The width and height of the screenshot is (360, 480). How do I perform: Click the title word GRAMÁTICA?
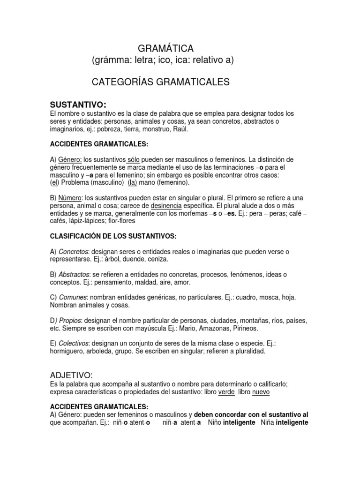pyautogui.click(x=165, y=48)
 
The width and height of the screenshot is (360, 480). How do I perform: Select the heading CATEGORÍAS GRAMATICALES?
pyautogui.click(x=161, y=82)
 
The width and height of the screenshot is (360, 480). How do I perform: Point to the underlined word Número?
pyautogui.click(x=69, y=198)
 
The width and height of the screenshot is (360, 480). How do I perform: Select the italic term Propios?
pyautogui.click(x=70, y=321)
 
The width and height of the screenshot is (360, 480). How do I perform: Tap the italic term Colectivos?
pyautogui.click(x=74, y=344)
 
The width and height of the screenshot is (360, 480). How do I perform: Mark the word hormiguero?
pyautogui.click(x=68, y=351)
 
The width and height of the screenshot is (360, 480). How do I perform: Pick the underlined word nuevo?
pyautogui.click(x=261, y=392)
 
